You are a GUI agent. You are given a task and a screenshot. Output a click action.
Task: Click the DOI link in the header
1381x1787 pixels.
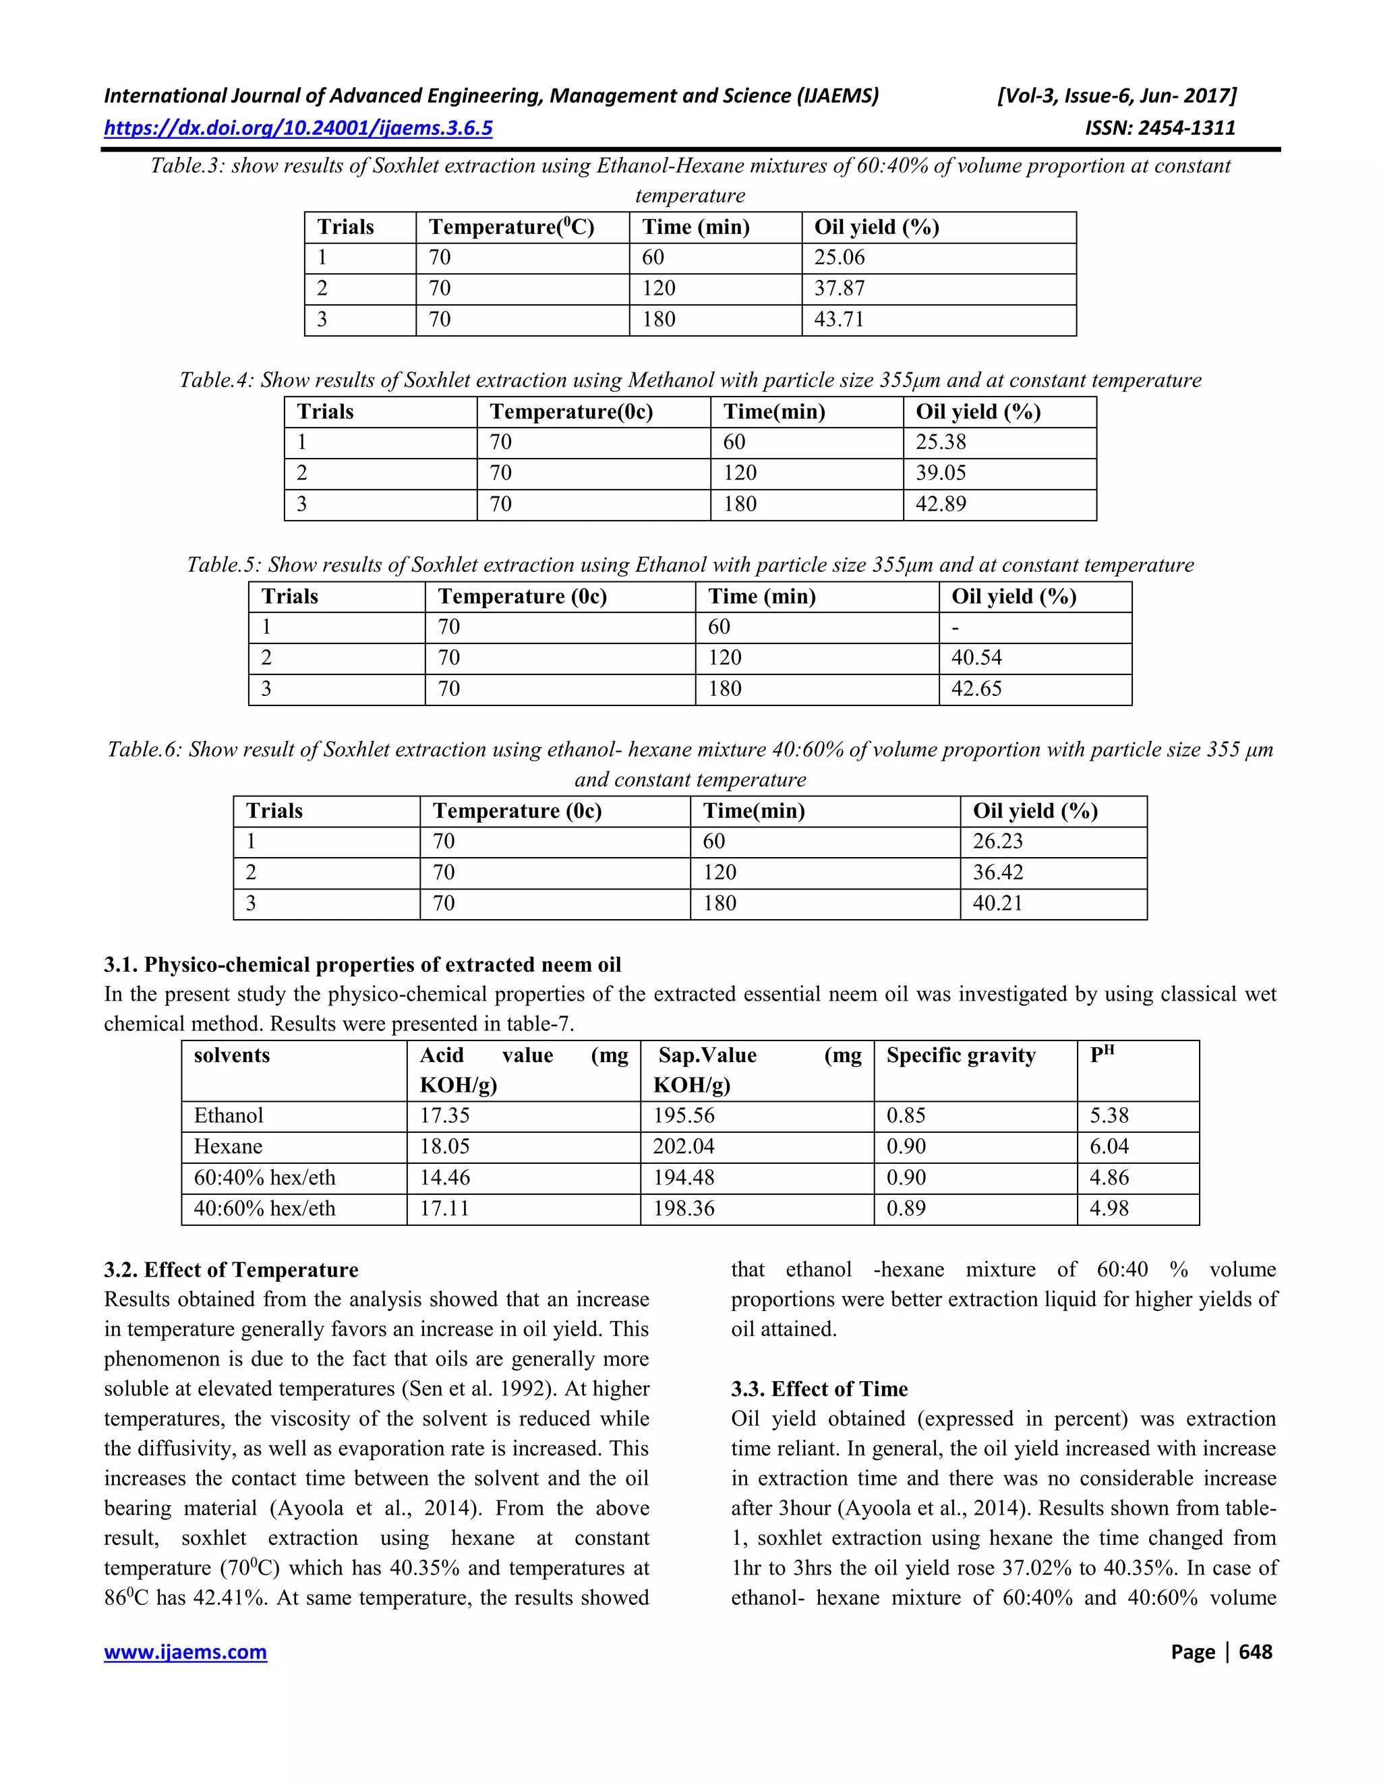pyautogui.click(x=298, y=127)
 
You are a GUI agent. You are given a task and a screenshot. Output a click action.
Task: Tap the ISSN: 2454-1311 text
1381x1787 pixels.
pyautogui.click(x=1159, y=127)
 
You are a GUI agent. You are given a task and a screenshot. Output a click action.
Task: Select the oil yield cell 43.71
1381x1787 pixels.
pyautogui.click(x=839, y=319)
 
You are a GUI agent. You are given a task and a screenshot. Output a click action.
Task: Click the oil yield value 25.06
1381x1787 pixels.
pyautogui.click(x=839, y=257)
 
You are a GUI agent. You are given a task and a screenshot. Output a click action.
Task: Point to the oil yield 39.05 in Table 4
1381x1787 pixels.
pyautogui.click(x=940, y=473)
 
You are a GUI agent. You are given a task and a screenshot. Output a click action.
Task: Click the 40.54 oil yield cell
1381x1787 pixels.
pyautogui.click(x=976, y=658)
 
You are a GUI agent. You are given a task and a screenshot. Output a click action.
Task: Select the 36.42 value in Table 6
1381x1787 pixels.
pyautogui.click(x=997, y=872)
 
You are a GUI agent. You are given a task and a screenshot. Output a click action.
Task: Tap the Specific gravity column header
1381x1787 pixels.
pyautogui.click(x=960, y=1055)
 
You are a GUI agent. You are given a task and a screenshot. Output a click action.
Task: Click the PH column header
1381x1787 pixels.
pyautogui.click(x=1102, y=1055)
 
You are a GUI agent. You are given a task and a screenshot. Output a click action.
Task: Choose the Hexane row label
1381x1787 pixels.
pyautogui.click(x=229, y=1146)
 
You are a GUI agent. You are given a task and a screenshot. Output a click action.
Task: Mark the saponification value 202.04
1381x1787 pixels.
pyautogui.click(x=683, y=1146)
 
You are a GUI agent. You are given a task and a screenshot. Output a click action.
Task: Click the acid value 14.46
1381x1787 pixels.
pyautogui.click(x=445, y=1177)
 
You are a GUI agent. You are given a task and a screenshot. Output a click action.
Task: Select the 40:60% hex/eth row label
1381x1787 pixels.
pyautogui.click(x=264, y=1208)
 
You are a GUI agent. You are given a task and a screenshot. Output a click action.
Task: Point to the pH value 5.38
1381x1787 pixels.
pyautogui.click(x=1109, y=1115)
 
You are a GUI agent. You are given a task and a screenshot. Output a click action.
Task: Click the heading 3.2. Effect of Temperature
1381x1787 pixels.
pyautogui.click(x=231, y=1270)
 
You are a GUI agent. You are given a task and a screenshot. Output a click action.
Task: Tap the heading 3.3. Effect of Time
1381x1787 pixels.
pyautogui.click(x=819, y=1388)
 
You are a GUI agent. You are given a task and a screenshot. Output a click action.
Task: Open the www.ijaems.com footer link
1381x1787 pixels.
pyautogui.click(x=185, y=1652)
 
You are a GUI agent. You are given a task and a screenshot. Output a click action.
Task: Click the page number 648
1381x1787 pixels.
pyautogui.click(x=1255, y=1652)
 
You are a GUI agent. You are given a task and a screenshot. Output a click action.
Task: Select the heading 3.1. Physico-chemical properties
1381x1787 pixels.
pyautogui.click(x=361, y=965)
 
